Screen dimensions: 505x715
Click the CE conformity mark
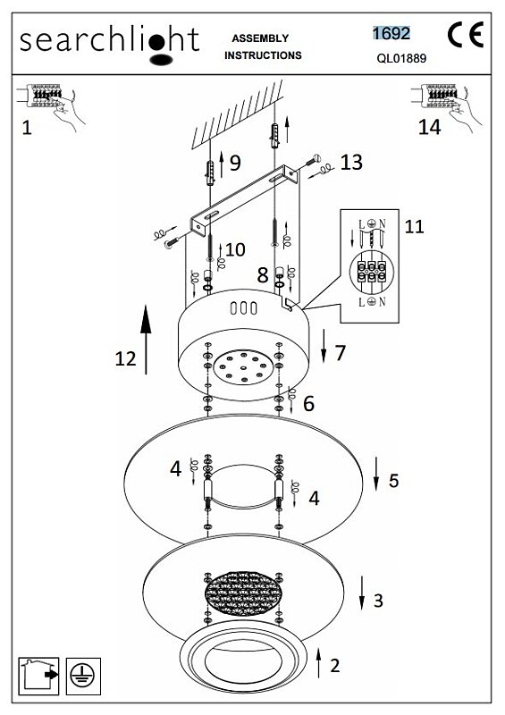coord(466,35)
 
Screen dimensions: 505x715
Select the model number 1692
coord(391,33)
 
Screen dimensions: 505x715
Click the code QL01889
coord(401,58)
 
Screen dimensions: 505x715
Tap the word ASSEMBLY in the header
coord(260,38)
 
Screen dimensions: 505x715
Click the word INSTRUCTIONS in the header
coord(263,55)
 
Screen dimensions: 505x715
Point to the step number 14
coord(430,127)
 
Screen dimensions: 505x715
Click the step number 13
coord(351,163)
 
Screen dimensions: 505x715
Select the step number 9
coord(235,163)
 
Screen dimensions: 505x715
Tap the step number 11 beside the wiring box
coord(414,226)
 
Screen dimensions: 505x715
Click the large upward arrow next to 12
coord(146,340)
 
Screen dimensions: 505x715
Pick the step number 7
coord(341,353)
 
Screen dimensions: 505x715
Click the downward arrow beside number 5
coord(376,474)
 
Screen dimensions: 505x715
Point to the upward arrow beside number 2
coord(319,663)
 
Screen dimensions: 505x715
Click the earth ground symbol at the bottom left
coord(83,677)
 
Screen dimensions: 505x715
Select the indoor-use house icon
coord(38,676)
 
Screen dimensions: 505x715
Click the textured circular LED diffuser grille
coord(243,593)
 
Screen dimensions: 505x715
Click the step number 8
coord(262,274)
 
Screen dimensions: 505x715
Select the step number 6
coord(309,403)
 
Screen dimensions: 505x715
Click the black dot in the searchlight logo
coord(156,43)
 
